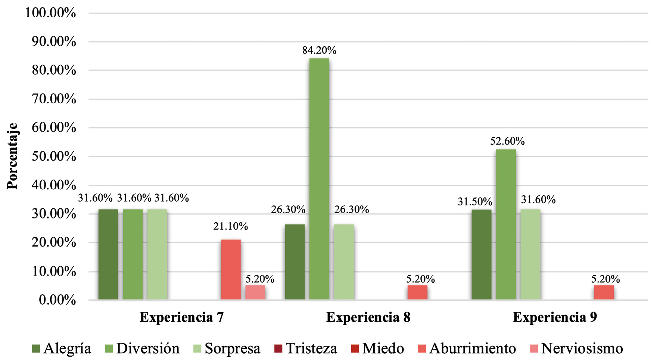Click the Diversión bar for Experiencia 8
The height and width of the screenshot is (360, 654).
pyautogui.click(x=319, y=179)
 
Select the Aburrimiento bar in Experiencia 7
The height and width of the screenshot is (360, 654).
pyautogui.click(x=231, y=269)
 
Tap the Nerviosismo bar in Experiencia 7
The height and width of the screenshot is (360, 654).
pyautogui.click(x=255, y=292)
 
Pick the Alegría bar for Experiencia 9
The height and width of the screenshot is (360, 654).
pyautogui.click(x=481, y=254)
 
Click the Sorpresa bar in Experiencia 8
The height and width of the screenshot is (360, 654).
pyautogui.click(x=343, y=262)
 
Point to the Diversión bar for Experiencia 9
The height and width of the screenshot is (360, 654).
pyautogui.click(x=506, y=224)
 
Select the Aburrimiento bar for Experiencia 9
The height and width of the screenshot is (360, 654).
pyautogui.click(x=604, y=292)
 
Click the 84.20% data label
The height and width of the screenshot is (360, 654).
pyautogui.click(x=319, y=50)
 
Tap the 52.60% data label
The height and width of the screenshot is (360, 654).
pyautogui.click(x=507, y=141)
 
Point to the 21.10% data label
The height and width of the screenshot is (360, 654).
pyautogui.click(x=231, y=226)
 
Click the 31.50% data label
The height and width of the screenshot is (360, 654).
pyautogui.click(x=475, y=202)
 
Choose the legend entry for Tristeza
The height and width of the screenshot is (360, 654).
pyautogui.click(x=306, y=348)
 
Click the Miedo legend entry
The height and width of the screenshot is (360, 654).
pyautogui.click(x=377, y=348)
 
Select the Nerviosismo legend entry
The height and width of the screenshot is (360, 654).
pyautogui.click(x=576, y=348)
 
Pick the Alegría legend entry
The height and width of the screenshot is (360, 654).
pyautogui.click(x=62, y=348)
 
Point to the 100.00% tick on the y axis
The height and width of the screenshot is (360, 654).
pyautogui.click(x=51, y=13)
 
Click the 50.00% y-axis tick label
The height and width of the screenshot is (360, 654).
pyautogui.click(x=54, y=156)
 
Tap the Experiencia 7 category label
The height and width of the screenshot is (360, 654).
pyautogui.click(x=181, y=317)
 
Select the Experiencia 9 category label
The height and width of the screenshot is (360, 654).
pyautogui.click(x=555, y=317)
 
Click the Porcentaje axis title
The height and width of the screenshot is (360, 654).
pyautogui.click(x=12, y=156)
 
